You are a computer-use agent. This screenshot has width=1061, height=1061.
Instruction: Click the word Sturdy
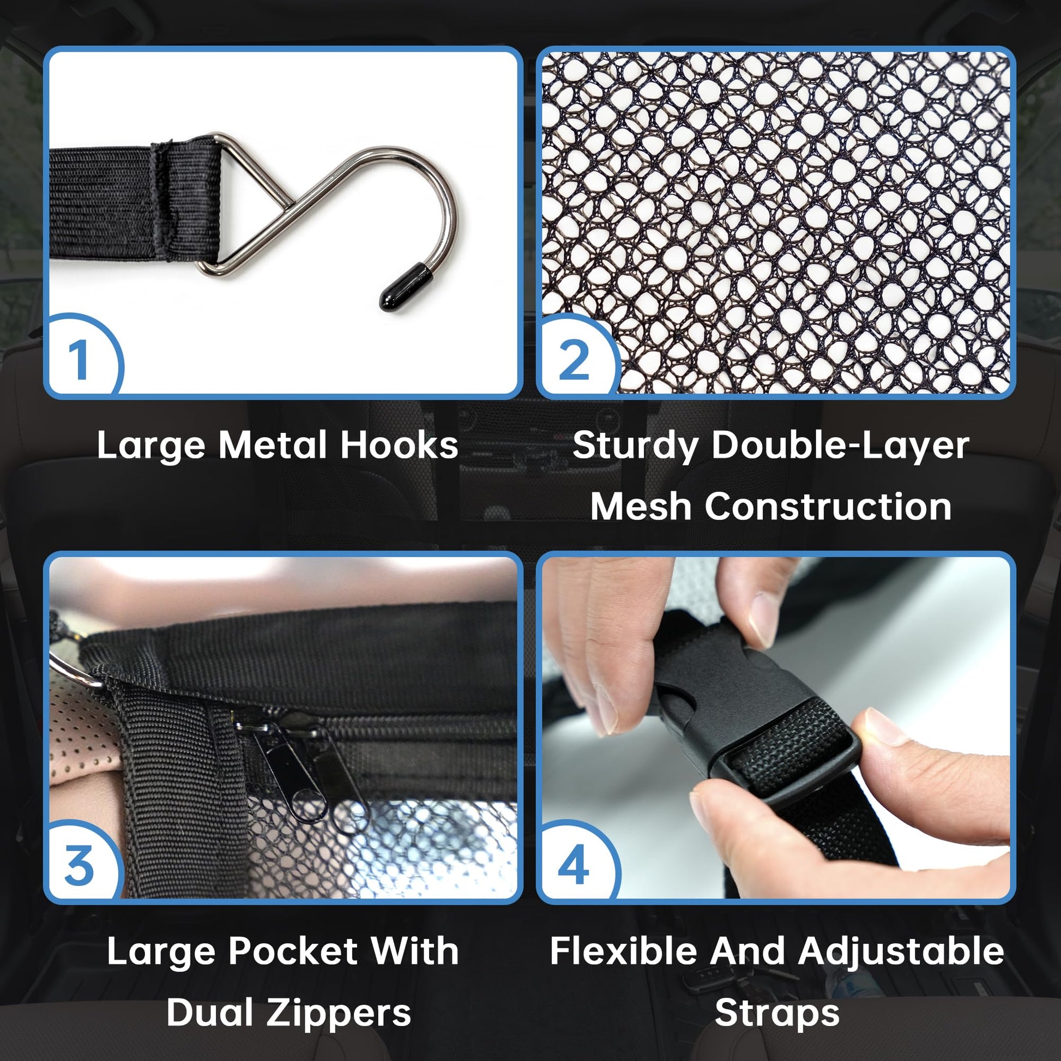point(635,446)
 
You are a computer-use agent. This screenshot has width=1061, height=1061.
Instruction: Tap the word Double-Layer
point(841,446)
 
